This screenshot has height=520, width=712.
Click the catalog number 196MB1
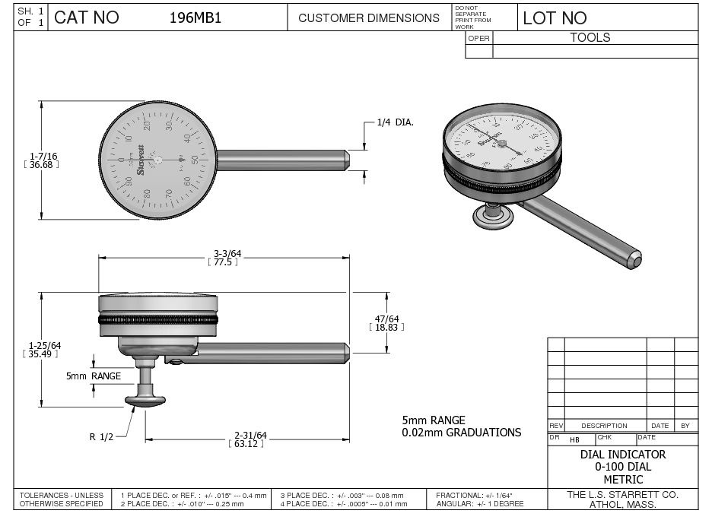195,18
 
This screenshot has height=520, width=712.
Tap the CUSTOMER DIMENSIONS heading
368,18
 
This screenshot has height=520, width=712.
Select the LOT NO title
555,18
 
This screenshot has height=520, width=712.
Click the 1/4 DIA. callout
395,122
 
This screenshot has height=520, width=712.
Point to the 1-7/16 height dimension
43,157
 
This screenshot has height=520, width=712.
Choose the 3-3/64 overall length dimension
223,254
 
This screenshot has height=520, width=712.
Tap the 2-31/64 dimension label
250,436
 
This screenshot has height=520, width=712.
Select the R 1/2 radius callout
101,436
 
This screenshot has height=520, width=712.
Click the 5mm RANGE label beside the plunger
94,376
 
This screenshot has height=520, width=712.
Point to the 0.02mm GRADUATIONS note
462,433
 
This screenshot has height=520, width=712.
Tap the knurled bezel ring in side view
158,320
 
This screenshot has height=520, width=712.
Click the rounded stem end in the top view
345,159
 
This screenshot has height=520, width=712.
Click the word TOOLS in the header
590,37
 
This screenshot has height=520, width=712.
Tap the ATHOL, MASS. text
622,504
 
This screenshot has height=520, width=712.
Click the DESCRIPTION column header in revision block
604,426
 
